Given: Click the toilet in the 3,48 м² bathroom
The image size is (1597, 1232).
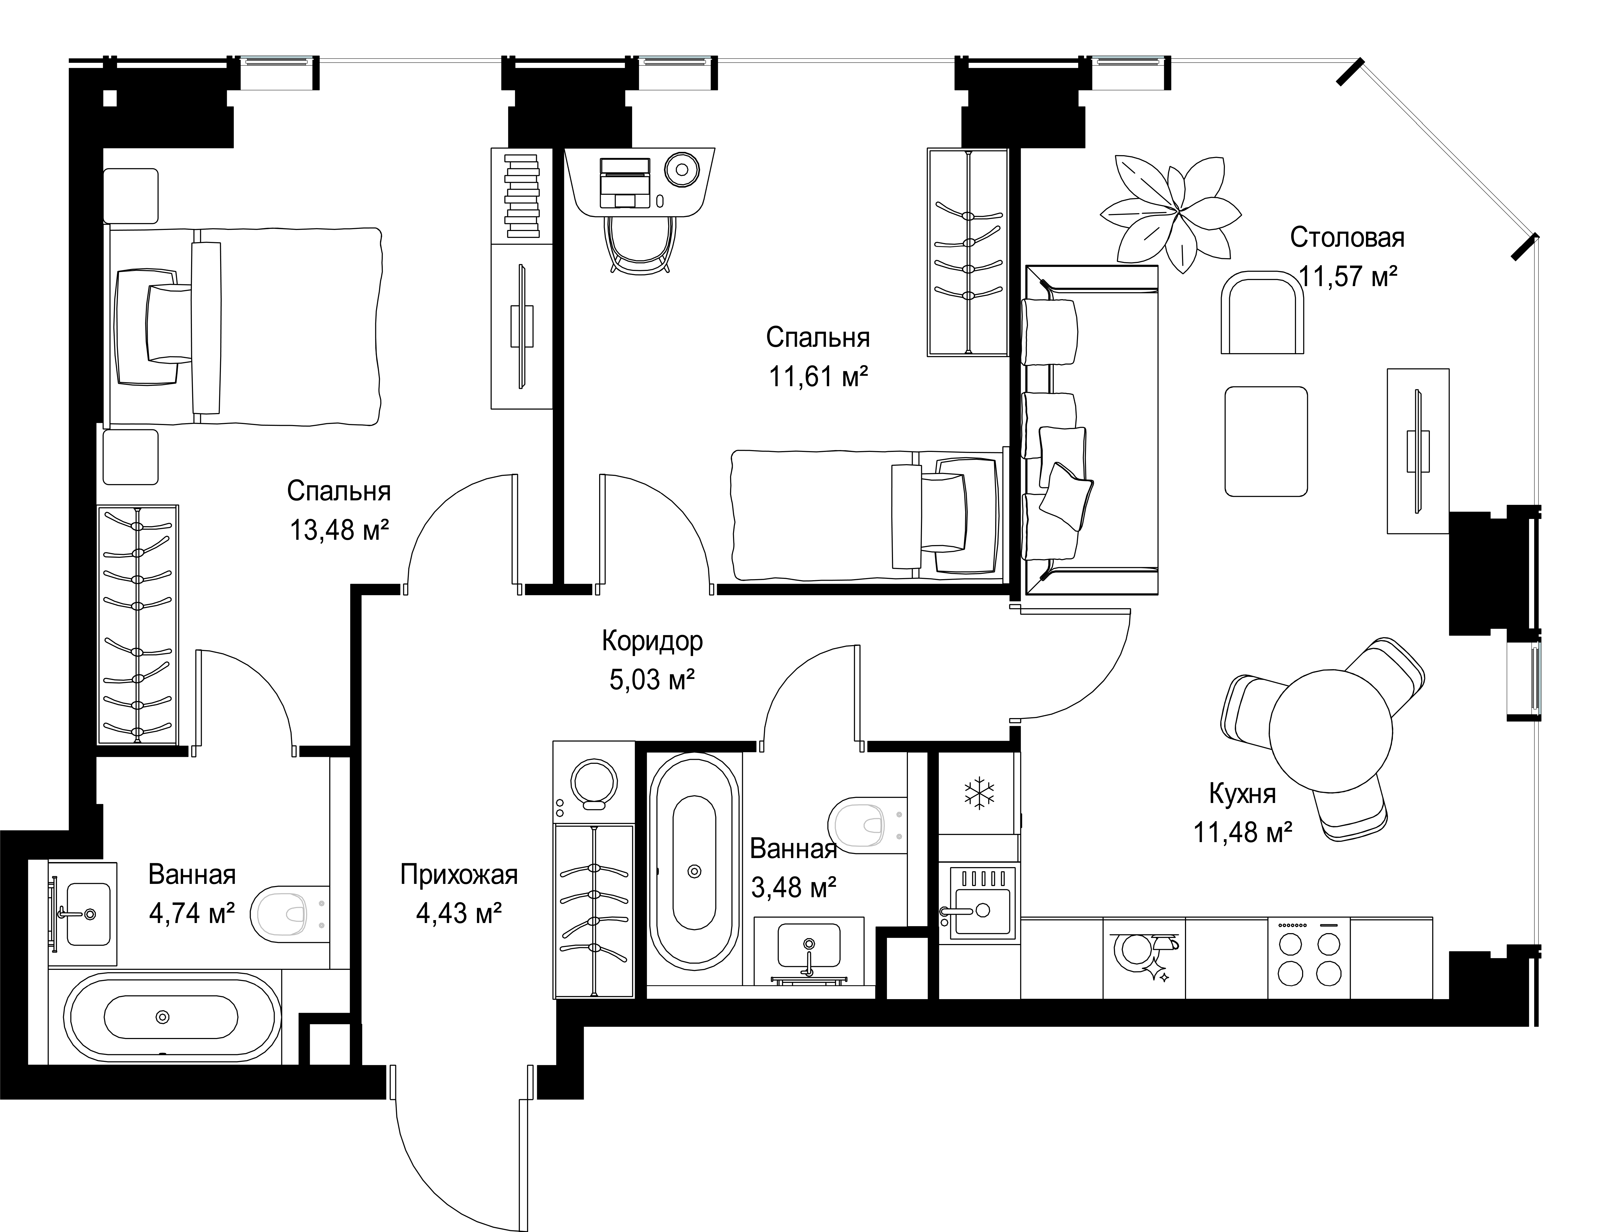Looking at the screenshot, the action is click(x=866, y=824).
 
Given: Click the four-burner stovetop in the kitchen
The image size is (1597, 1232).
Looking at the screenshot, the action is click(x=1309, y=958).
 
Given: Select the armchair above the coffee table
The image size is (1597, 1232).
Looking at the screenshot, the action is click(x=1263, y=312).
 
